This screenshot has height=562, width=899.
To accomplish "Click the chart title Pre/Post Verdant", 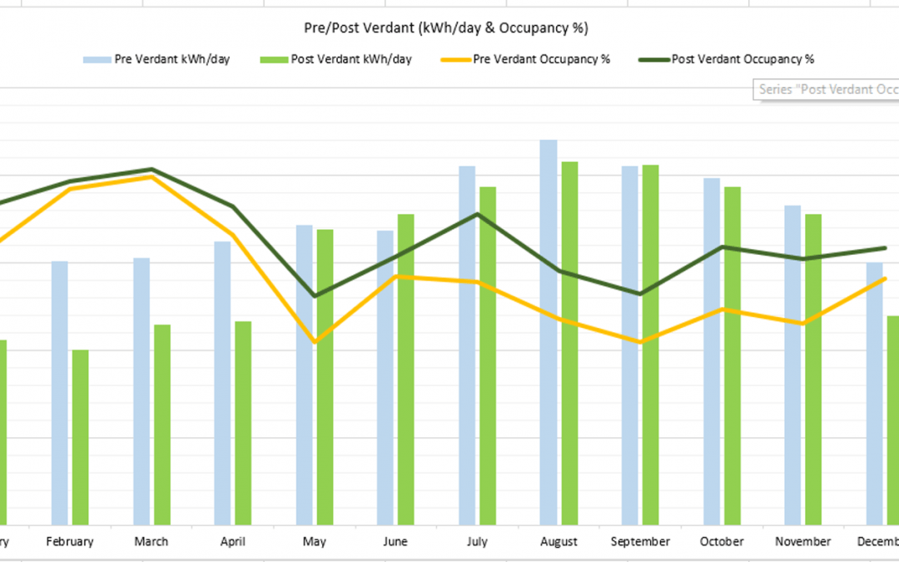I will [x=446, y=28].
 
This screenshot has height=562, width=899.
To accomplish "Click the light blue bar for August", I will [x=549, y=333].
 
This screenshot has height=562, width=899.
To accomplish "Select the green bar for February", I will [x=80, y=437].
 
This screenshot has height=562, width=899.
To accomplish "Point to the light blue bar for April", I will [x=222, y=383].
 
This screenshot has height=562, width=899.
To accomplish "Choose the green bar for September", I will [x=650, y=345].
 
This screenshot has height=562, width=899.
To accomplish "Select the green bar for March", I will [x=161, y=425].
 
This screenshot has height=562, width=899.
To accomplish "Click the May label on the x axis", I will [x=315, y=542].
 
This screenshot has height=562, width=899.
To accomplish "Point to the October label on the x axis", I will [x=722, y=542].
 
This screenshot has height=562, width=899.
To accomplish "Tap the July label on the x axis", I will [x=477, y=542].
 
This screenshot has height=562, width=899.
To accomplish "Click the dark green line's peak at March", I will [x=151, y=169].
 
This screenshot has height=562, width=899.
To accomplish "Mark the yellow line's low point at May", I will [x=315, y=342].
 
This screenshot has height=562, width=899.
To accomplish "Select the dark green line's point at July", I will [x=478, y=214].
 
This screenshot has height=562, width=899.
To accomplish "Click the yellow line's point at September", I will [x=640, y=342].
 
